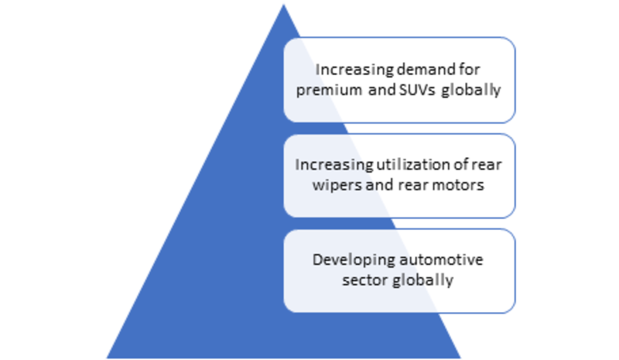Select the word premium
[329, 91]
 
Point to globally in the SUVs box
[471, 91]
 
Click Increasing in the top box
[355, 70]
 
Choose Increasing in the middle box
[334, 165]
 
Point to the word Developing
[354, 261]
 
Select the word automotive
[441, 259]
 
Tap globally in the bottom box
[422, 281]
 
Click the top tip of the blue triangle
[283, 5]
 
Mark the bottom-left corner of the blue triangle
[107, 358]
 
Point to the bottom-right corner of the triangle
[460, 358]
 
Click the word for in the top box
[469, 70]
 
